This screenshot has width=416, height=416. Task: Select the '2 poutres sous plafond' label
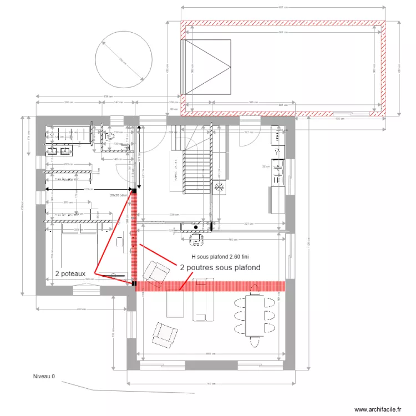tap(220, 267)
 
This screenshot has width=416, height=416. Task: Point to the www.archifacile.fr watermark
tap(377, 409)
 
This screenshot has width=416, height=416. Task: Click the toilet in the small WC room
tap(109, 135)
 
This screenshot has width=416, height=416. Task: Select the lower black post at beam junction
tap(134, 283)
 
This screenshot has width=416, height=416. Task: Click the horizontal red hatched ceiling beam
tap(211, 286)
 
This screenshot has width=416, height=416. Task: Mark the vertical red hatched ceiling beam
tap(134, 239)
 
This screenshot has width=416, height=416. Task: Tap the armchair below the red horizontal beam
tap(165, 334)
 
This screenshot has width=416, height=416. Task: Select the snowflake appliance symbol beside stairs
tap(219, 188)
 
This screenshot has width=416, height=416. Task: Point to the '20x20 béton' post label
tap(118, 195)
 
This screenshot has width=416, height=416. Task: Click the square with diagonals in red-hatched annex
tap(206, 67)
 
